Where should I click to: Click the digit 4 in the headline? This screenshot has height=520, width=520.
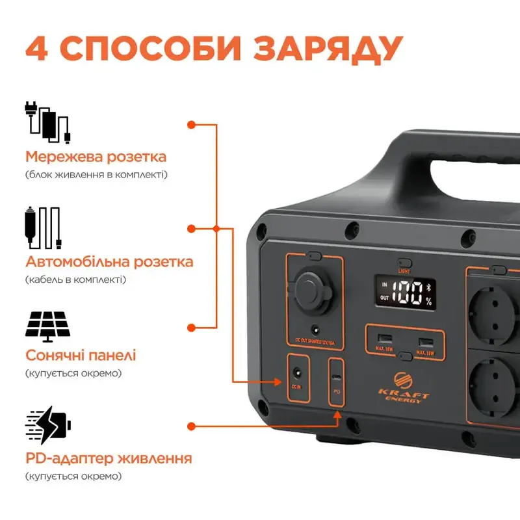[38, 47]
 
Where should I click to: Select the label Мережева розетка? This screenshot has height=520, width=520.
[96, 157]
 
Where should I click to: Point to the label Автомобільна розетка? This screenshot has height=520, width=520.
[109, 262]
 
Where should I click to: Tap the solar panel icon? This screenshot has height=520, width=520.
[47, 325]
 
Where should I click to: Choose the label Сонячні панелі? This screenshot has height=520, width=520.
[81, 356]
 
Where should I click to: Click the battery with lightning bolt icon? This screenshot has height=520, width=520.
[49, 426]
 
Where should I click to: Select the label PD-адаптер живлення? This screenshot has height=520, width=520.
[109, 458]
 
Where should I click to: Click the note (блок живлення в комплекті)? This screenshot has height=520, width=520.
[96, 175]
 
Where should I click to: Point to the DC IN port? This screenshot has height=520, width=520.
[298, 374]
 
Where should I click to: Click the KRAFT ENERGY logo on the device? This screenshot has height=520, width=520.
[404, 387]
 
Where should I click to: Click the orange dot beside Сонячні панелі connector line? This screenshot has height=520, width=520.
[191, 328]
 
